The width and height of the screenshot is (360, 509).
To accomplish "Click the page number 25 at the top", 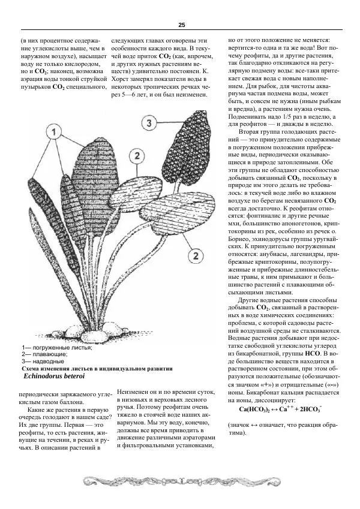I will (181, 25).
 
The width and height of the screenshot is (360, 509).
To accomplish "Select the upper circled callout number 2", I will (137, 156).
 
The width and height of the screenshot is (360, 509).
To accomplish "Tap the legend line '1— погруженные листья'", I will (56, 348).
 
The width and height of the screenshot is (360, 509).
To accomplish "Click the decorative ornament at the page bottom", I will (180, 481).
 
